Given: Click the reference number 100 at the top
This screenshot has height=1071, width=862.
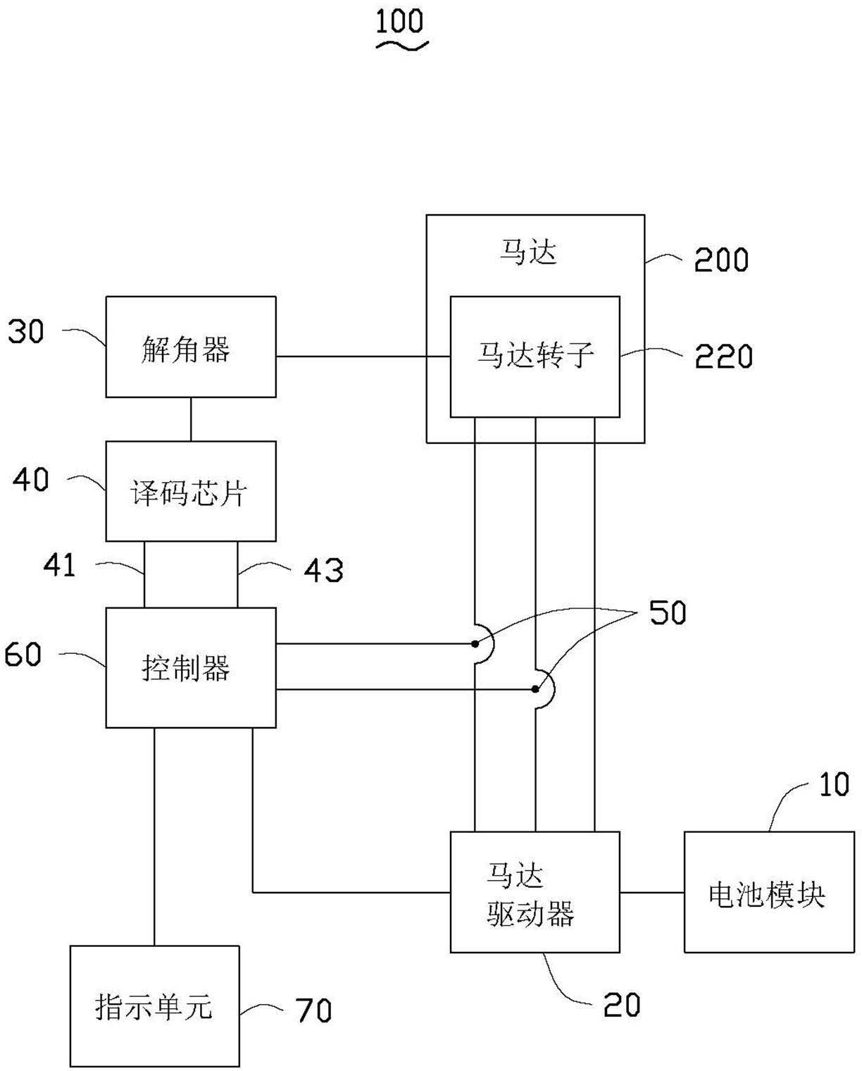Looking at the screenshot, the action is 400,21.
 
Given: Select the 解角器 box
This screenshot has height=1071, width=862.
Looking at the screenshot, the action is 191,347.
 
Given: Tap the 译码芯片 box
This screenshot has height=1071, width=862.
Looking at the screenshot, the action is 191,490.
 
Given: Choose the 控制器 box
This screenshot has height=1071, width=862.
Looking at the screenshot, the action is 191,667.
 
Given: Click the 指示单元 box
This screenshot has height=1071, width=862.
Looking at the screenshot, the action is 155,1005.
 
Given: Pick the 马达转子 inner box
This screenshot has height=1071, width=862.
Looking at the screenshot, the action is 535,357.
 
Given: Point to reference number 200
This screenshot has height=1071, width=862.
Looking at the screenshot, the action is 721,259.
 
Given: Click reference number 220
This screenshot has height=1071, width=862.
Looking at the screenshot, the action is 723,357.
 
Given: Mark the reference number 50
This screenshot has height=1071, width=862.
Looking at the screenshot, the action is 668,612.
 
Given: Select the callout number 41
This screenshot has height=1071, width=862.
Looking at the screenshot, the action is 59,565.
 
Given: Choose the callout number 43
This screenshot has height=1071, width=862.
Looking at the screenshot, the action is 324,570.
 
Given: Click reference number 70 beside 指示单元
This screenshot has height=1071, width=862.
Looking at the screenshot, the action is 313,1010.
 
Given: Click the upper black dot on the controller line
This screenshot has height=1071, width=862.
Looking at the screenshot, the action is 475,644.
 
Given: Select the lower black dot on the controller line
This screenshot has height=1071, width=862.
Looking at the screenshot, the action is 535,689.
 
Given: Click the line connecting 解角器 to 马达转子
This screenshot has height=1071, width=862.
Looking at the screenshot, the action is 363,357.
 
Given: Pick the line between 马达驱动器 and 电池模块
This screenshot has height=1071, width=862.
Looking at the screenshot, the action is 652,892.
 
